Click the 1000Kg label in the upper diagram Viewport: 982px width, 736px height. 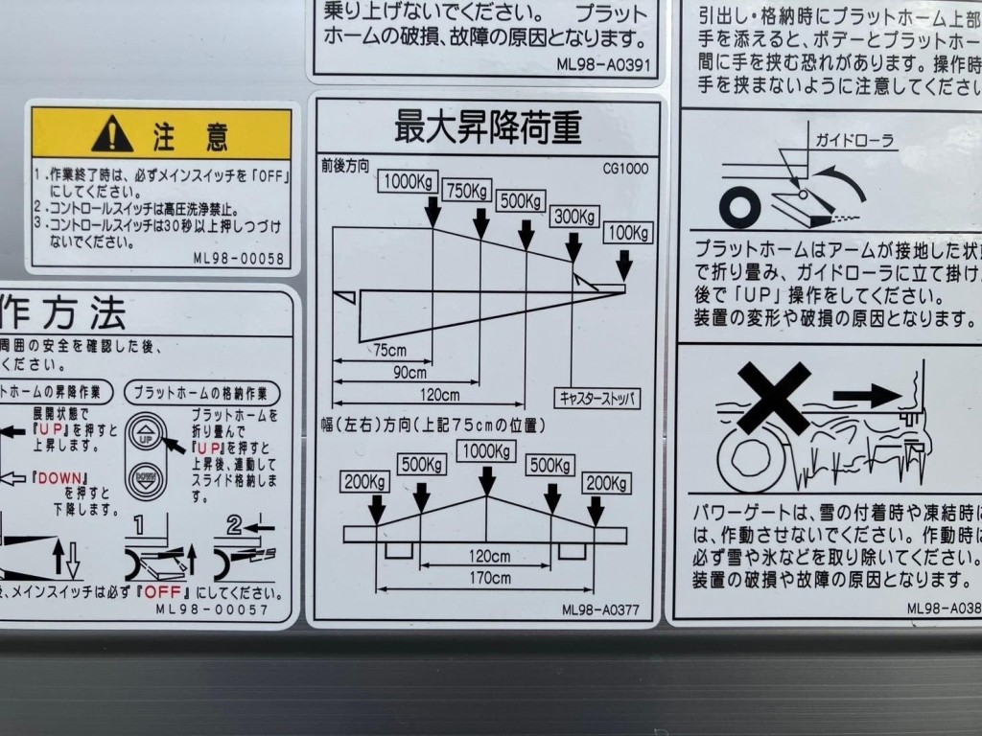407,181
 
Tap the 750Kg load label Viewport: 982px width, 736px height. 467,191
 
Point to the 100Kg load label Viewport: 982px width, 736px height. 628,233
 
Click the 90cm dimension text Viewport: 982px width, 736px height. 409,373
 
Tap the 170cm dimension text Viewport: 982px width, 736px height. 490,578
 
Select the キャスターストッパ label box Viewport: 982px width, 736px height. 596,397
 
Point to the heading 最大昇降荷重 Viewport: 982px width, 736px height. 488,126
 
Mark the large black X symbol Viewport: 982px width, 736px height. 772,397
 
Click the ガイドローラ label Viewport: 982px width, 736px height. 854,141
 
